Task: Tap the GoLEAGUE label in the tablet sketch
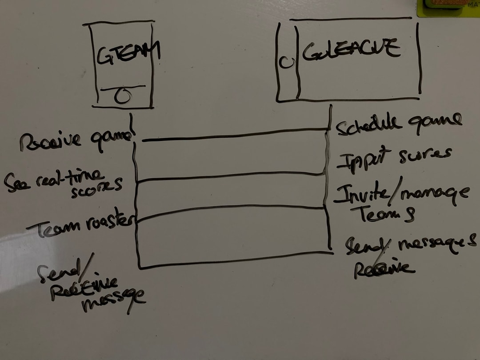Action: coord(351,50)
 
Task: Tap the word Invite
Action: coord(361,194)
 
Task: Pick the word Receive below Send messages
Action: coord(383,269)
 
